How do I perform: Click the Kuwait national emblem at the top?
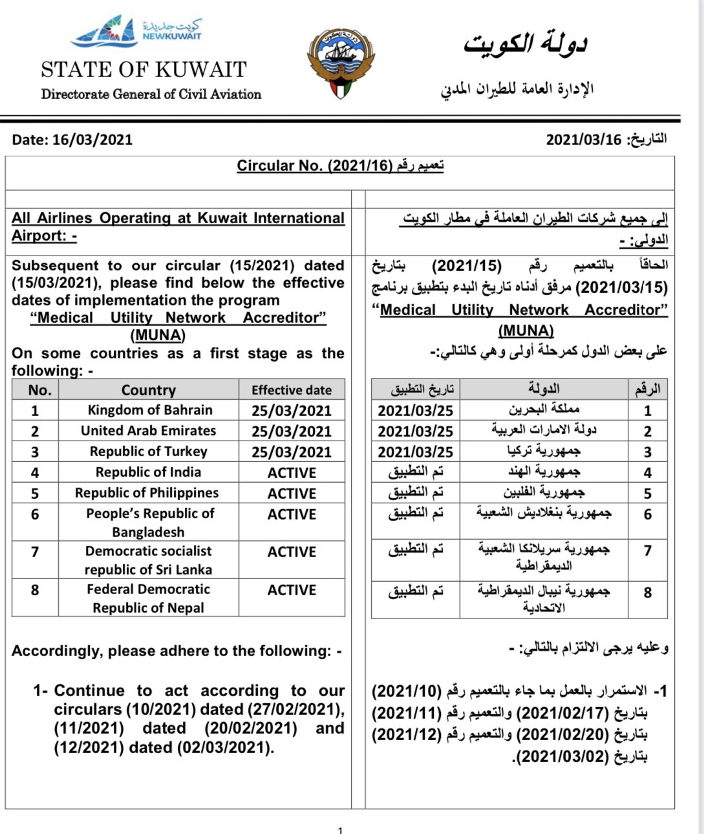point(341,63)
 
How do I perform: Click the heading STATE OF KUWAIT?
point(144,69)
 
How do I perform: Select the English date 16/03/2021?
point(92,140)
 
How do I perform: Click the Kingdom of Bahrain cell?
point(150,410)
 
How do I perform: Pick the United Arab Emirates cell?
point(149,431)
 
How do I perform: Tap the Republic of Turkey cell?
point(149,452)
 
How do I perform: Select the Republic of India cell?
point(149,472)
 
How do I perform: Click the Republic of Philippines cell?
point(147,493)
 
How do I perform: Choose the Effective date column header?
point(292,390)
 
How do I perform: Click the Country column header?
point(149,390)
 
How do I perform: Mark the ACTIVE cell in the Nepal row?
point(292,590)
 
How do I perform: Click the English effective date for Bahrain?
point(292,411)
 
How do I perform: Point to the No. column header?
point(39,390)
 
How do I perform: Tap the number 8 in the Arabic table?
point(647,593)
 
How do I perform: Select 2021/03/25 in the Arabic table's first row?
point(416,411)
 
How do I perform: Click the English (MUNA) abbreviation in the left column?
point(158,335)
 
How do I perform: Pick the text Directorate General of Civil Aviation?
point(151,94)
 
